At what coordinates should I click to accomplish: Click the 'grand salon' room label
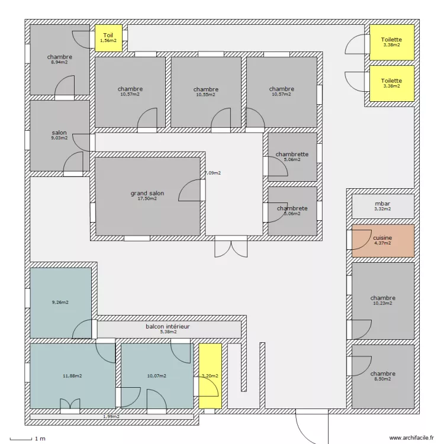tap(147, 193)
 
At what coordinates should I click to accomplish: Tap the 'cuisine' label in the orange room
tap(382, 238)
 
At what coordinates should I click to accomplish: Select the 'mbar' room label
tap(382, 204)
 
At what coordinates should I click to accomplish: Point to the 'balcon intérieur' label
tap(168, 326)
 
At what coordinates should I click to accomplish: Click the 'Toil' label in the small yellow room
tap(108, 36)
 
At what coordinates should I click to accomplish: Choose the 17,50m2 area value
tap(147, 198)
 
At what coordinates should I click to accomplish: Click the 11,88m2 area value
tap(72, 376)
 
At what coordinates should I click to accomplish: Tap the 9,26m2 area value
tap(60, 302)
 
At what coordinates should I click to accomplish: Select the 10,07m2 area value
tap(157, 376)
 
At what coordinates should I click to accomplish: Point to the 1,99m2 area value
tap(111, 417)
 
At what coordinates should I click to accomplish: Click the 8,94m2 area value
tap(59, 62)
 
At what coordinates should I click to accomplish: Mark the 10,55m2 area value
tap(206, 95)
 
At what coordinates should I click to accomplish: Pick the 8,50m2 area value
tap(382, 379)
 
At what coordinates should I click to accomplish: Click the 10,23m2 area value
tap(382, 303)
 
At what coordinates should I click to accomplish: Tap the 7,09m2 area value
tap(213, 173)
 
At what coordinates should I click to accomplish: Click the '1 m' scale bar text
tap(40, 439)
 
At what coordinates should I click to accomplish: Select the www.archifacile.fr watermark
tap(411, 437)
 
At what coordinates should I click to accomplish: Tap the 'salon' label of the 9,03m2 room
tap(59, 133)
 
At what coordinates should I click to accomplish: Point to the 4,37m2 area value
tap(382, 243)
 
